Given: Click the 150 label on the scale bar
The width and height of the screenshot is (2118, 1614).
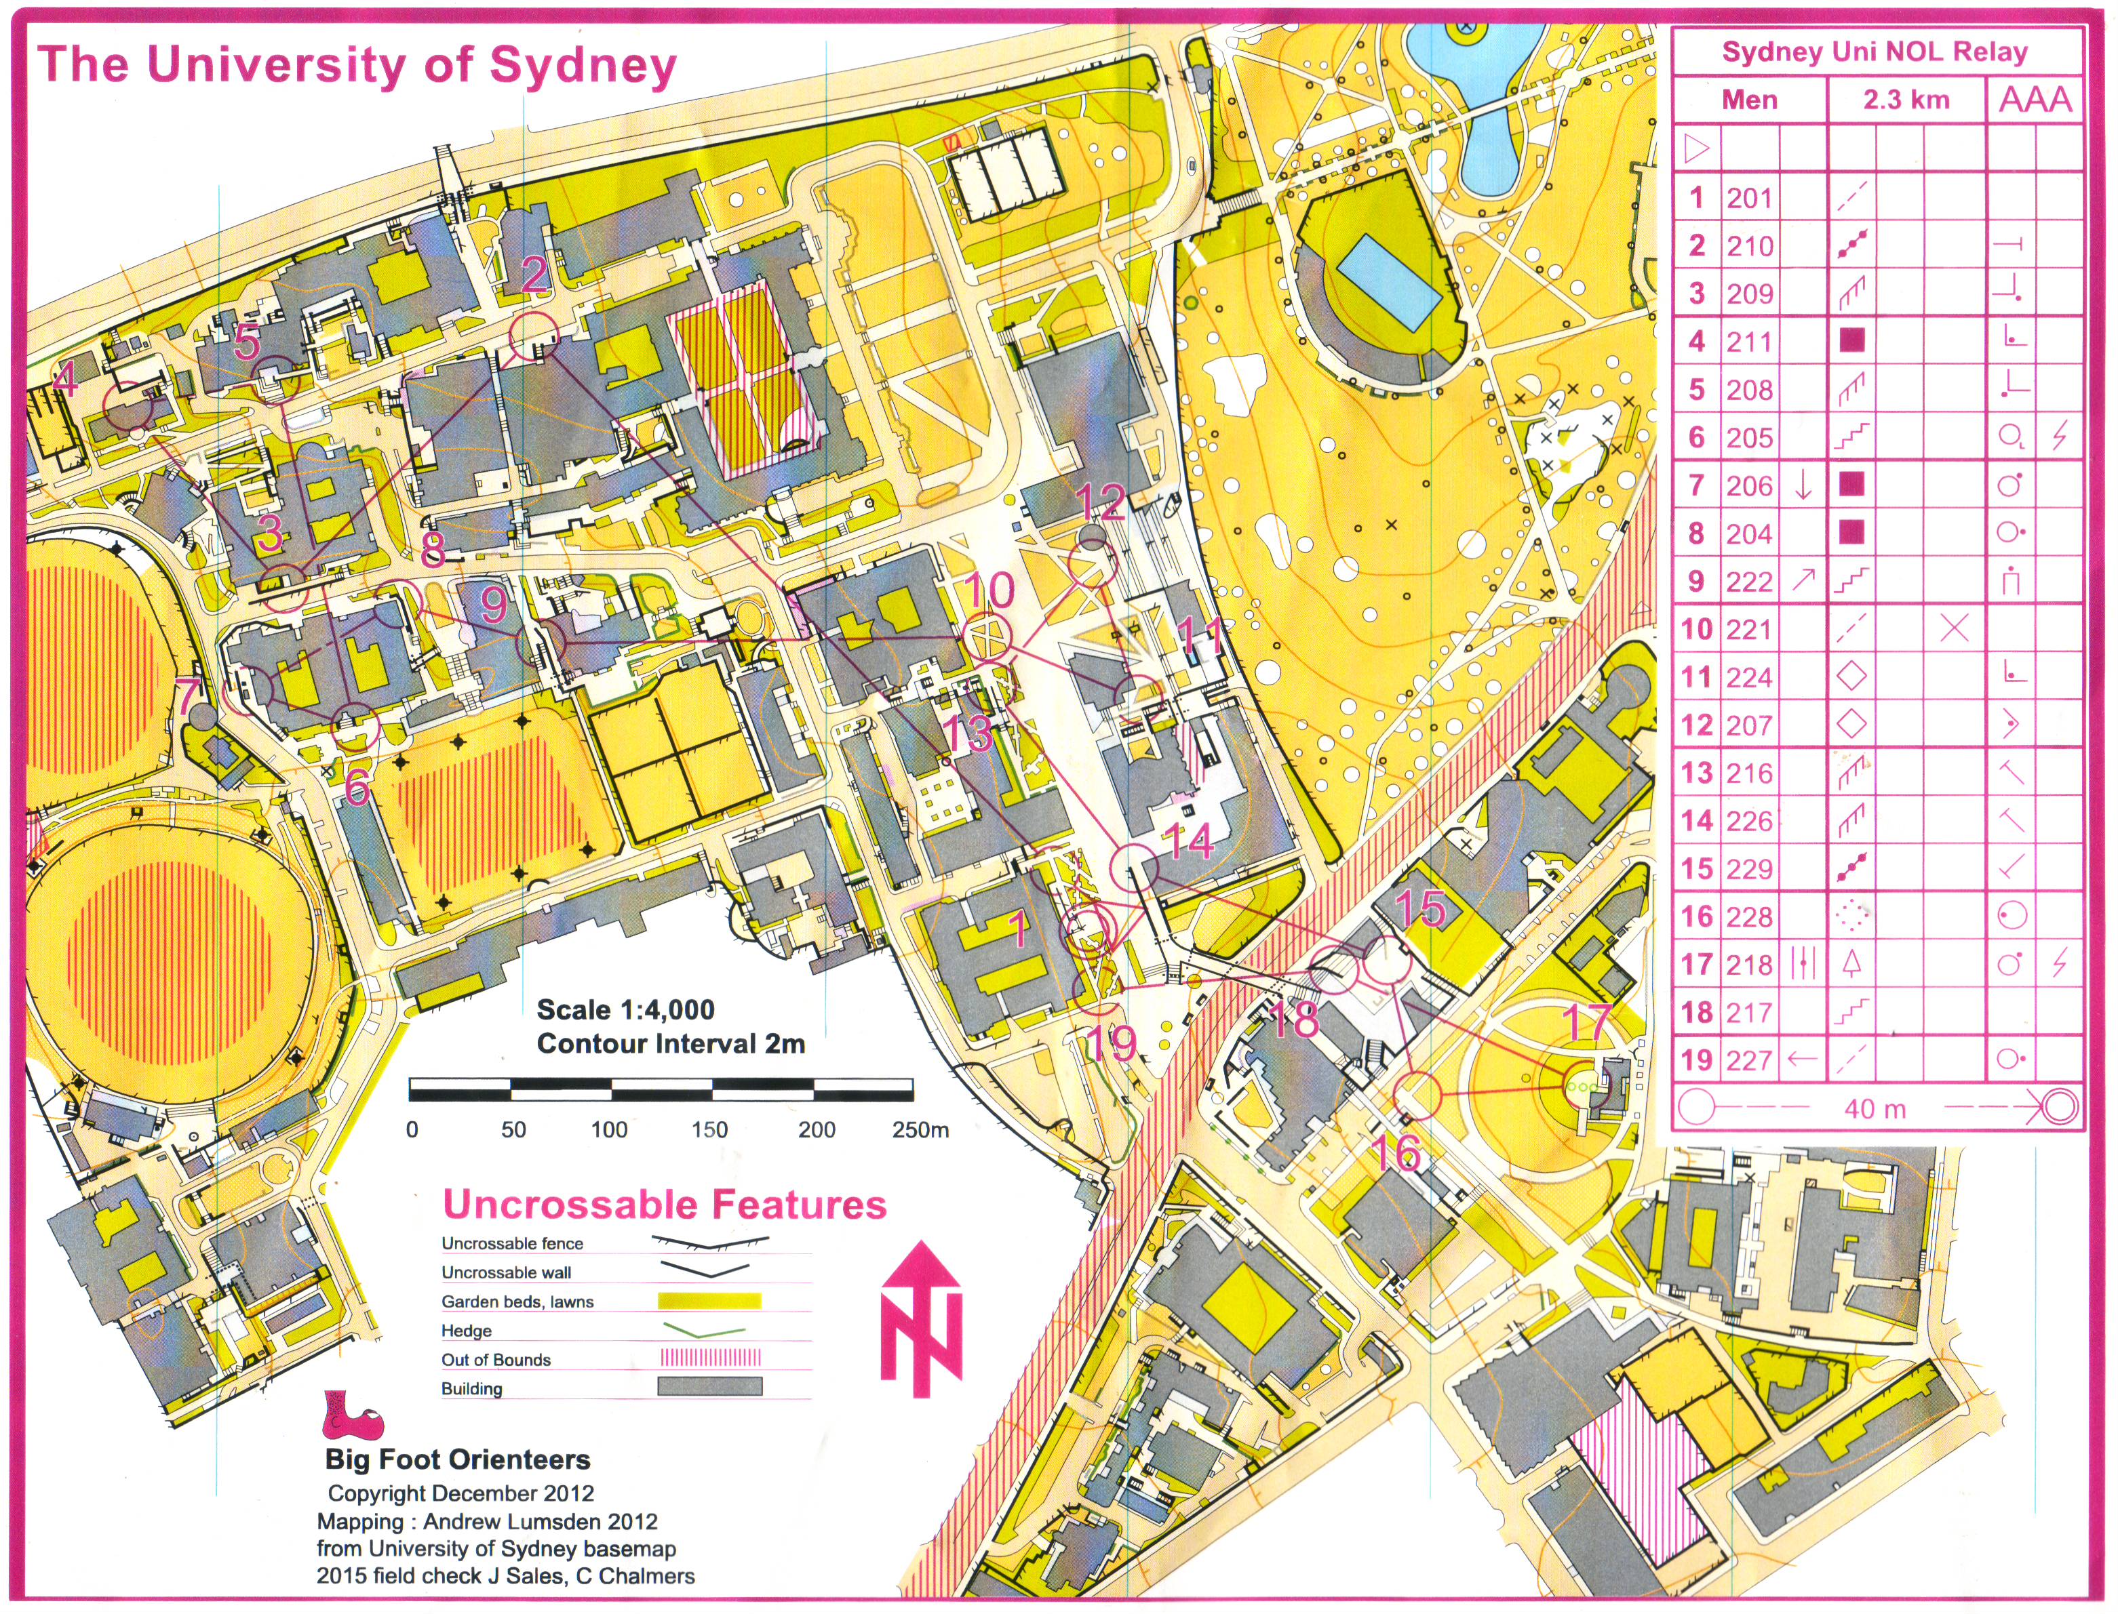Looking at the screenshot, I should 709,1130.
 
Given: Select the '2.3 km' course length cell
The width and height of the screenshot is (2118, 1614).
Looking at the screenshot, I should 1906,100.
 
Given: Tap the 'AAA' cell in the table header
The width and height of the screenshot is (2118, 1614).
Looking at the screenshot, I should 2035,100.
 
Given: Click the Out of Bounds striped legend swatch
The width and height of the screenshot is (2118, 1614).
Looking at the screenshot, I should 709,1358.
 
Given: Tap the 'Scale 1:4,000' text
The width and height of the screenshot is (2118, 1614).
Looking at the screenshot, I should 625,1010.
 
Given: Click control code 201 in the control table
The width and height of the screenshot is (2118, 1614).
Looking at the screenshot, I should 1749,198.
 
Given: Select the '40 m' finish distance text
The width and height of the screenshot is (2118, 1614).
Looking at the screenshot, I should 1875,1110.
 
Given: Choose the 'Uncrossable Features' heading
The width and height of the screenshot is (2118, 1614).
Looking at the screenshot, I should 664,1205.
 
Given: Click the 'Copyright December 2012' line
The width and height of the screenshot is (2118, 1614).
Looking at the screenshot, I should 460,1494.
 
